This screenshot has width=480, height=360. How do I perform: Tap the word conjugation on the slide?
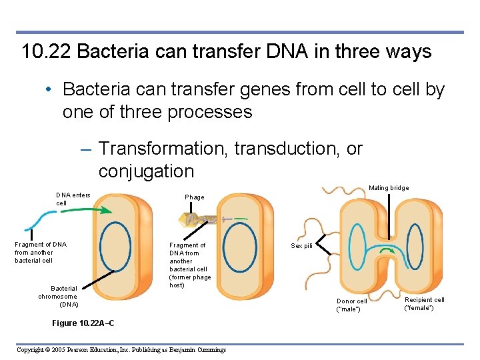pos(146,171)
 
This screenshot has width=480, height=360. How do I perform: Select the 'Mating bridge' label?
pos(389,188)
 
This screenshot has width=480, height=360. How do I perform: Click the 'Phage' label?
pos(195,197)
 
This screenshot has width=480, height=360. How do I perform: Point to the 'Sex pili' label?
pos(301,246)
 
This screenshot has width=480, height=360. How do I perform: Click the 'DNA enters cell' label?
pos(73,199)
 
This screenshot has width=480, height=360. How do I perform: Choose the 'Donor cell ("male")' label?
pos(351,305)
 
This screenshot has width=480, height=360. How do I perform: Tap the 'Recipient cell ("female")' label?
pos(424,303)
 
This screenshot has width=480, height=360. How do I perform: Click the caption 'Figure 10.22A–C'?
pos(83,323)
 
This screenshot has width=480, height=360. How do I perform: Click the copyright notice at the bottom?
pos(121,350)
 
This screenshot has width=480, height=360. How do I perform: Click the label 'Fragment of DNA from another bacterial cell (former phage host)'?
pos(190,265)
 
